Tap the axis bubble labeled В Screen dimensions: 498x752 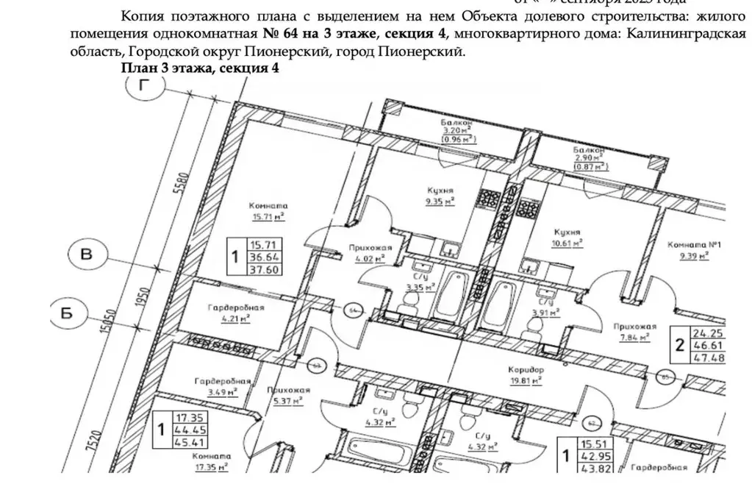[86, 256]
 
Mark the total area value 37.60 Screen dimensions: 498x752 [267, 268]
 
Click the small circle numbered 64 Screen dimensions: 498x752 [352, 310]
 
